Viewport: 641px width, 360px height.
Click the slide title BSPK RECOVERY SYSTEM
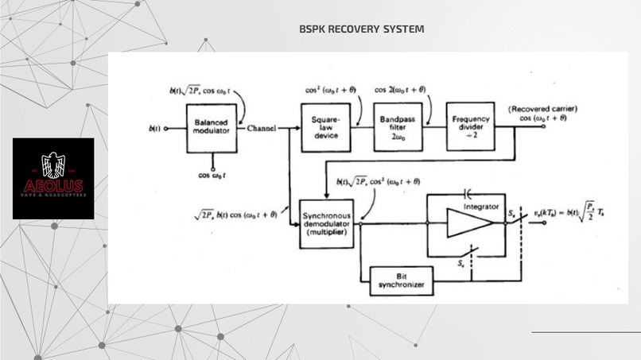click(362, 29)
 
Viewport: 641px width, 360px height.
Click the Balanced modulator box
click(211, 128)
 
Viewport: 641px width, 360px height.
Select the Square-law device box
click(326, 127)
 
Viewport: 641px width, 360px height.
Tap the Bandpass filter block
click(398, 126)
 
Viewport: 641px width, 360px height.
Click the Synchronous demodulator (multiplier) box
click(326, 224)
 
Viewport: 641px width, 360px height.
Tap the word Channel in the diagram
click(262, 129)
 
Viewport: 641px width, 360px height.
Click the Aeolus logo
click(53, 179)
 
